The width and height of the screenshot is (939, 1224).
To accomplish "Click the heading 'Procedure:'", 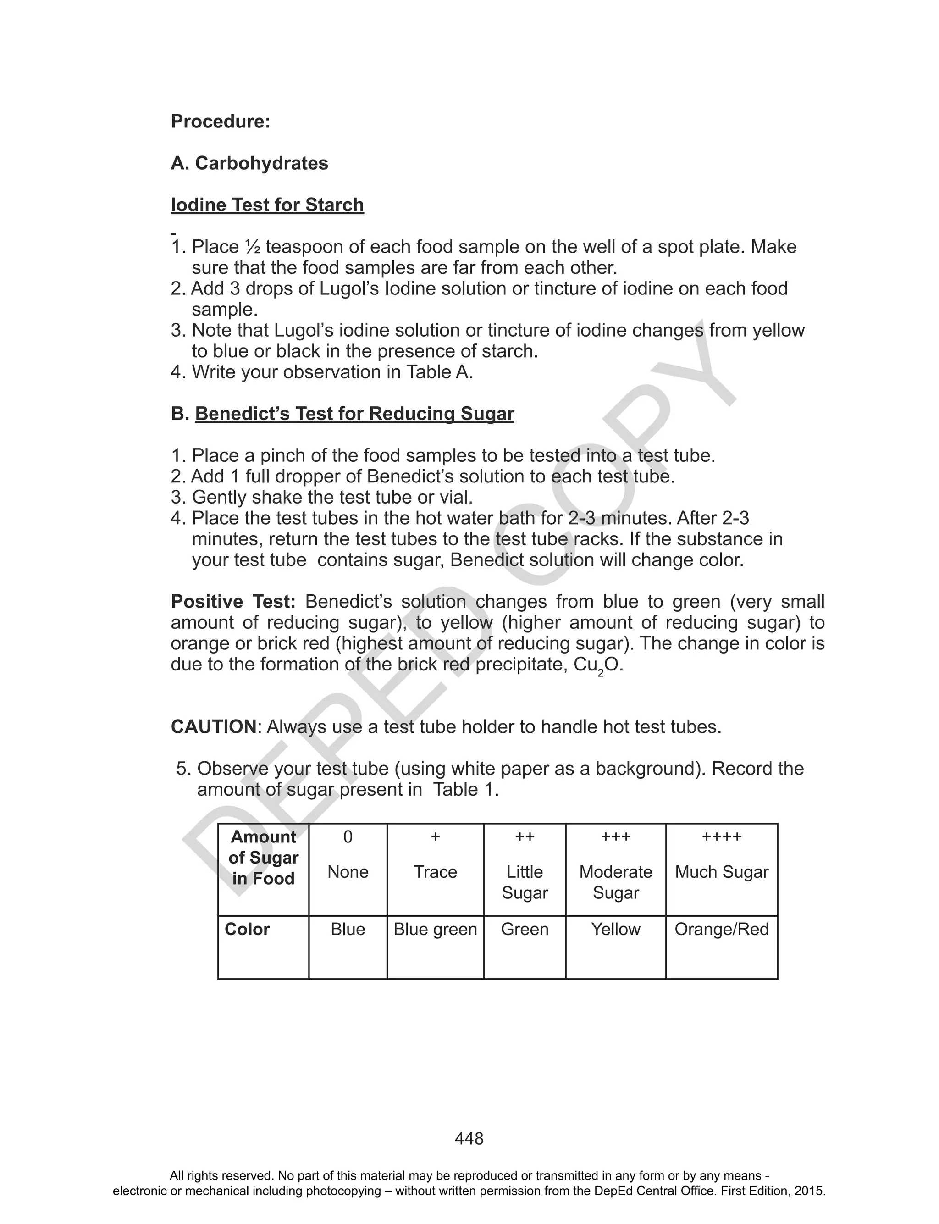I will pyautogui.click(x=220, y=121).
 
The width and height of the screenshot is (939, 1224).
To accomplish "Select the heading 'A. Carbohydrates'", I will pyautogui.click(x=249, y=163).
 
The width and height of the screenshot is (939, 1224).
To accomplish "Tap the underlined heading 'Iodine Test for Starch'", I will pyautogui.click(x=267, y=205).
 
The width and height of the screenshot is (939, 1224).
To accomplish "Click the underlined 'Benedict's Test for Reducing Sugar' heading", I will pyautogui.click(x=354, y=414).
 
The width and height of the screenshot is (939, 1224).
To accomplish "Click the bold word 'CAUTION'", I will pyautogui.click(x=214, y=726).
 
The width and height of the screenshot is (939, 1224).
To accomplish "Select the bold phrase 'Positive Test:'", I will pyautogui.click(x=233, y=601).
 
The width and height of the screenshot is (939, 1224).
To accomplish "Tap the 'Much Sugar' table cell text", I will pyautogui.click(x=721, y=872).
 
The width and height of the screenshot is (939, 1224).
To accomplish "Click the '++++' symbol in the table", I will pyautogui.click(x=721, y=836).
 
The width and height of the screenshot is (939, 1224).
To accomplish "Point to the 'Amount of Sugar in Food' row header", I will pyautogui.click(x=263, y=858).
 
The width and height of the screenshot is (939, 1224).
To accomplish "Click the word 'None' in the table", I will pyautogui.click(x=348, y=872).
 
